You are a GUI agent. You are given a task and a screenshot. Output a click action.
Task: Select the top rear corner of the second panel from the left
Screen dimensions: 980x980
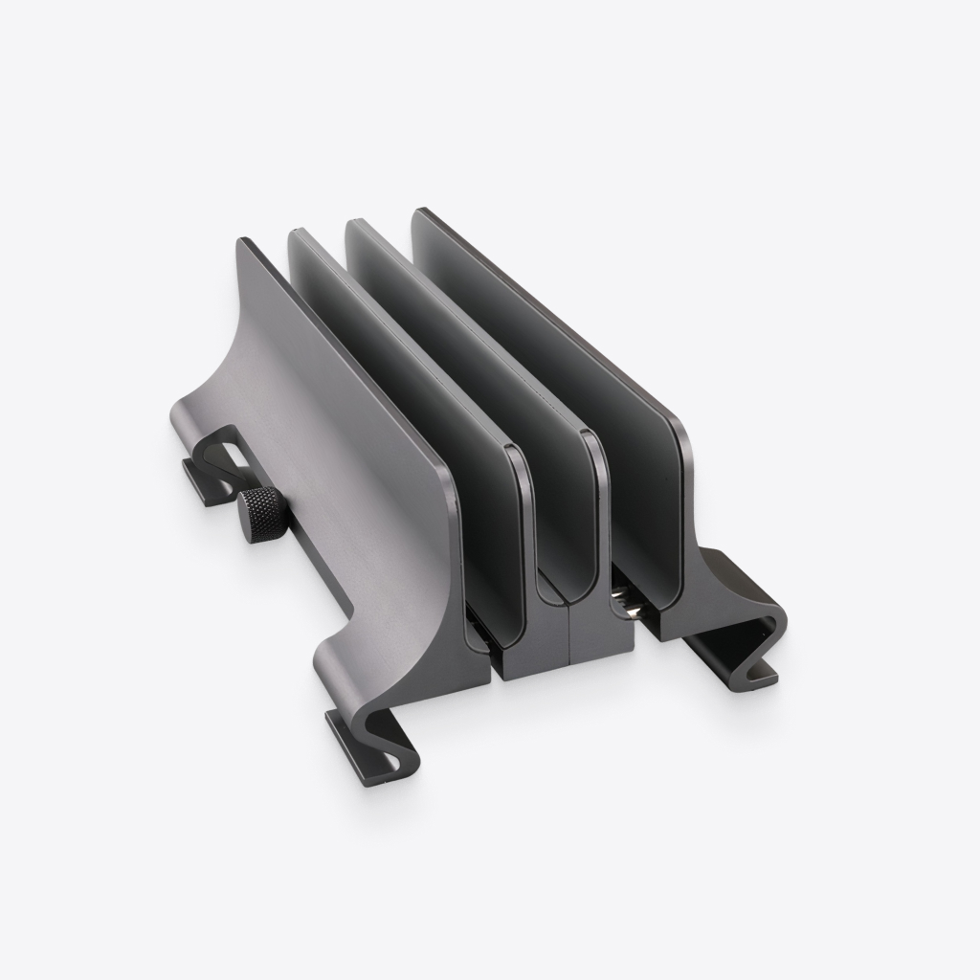295,232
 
